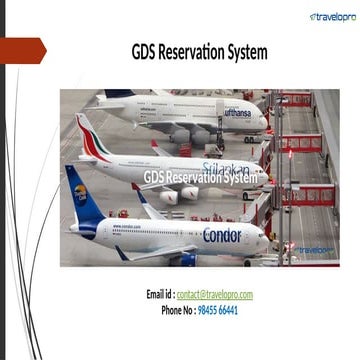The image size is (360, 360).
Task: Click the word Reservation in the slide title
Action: pos(196,52)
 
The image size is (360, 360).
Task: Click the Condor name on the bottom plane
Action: pos(222,236)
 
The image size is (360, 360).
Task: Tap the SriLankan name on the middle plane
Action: pos(224,169)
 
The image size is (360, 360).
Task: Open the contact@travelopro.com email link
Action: pos(216,294)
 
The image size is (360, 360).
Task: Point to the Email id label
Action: pos(161,294)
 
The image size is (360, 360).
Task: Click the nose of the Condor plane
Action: pos(265,238)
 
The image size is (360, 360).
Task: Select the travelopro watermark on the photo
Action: pos(314,249)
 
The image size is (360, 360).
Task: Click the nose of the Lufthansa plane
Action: pos(266,121)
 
